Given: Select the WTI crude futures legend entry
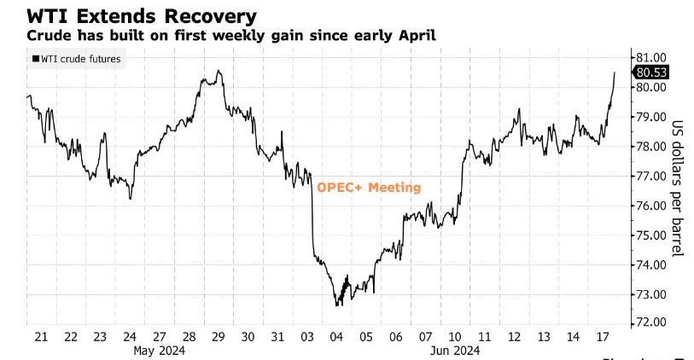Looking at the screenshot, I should pyautogui.click(x=76, y=59).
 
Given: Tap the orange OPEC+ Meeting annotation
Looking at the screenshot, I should pyautogui.click(x=369, y=188).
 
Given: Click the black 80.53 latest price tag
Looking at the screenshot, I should pyautogui.click(x=652, y=73).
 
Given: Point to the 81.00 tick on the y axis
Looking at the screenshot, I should pyautogui.click(x=651, y=57).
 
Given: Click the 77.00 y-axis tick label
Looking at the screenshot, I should pyautogui.click(x=651, y=176).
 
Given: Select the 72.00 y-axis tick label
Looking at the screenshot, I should pyautogui.click(x=651, y=323).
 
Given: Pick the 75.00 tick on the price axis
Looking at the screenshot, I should pyautogui.click(x=651, y=235).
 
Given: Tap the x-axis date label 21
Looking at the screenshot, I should pyautogui.click(x=41, y=336).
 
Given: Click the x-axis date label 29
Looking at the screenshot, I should pyautogui.click(x=219, y=336).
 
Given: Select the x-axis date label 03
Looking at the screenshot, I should pyautogui.click(x=307, y=336).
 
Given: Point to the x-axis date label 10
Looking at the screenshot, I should pyautogui.click(x=455, y=336).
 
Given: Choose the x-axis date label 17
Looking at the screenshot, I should pyautogui.click(x=603, y=336).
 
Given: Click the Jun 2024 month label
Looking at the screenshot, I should pyautogui.click(x=453, y=350).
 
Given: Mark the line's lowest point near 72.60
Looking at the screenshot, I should pyautogui.click(x=337, y=305).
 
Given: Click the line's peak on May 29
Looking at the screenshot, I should pyautogui.click(x=219, y=71).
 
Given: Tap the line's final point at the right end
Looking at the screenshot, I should pyautogui.click(x=614, y=73).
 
